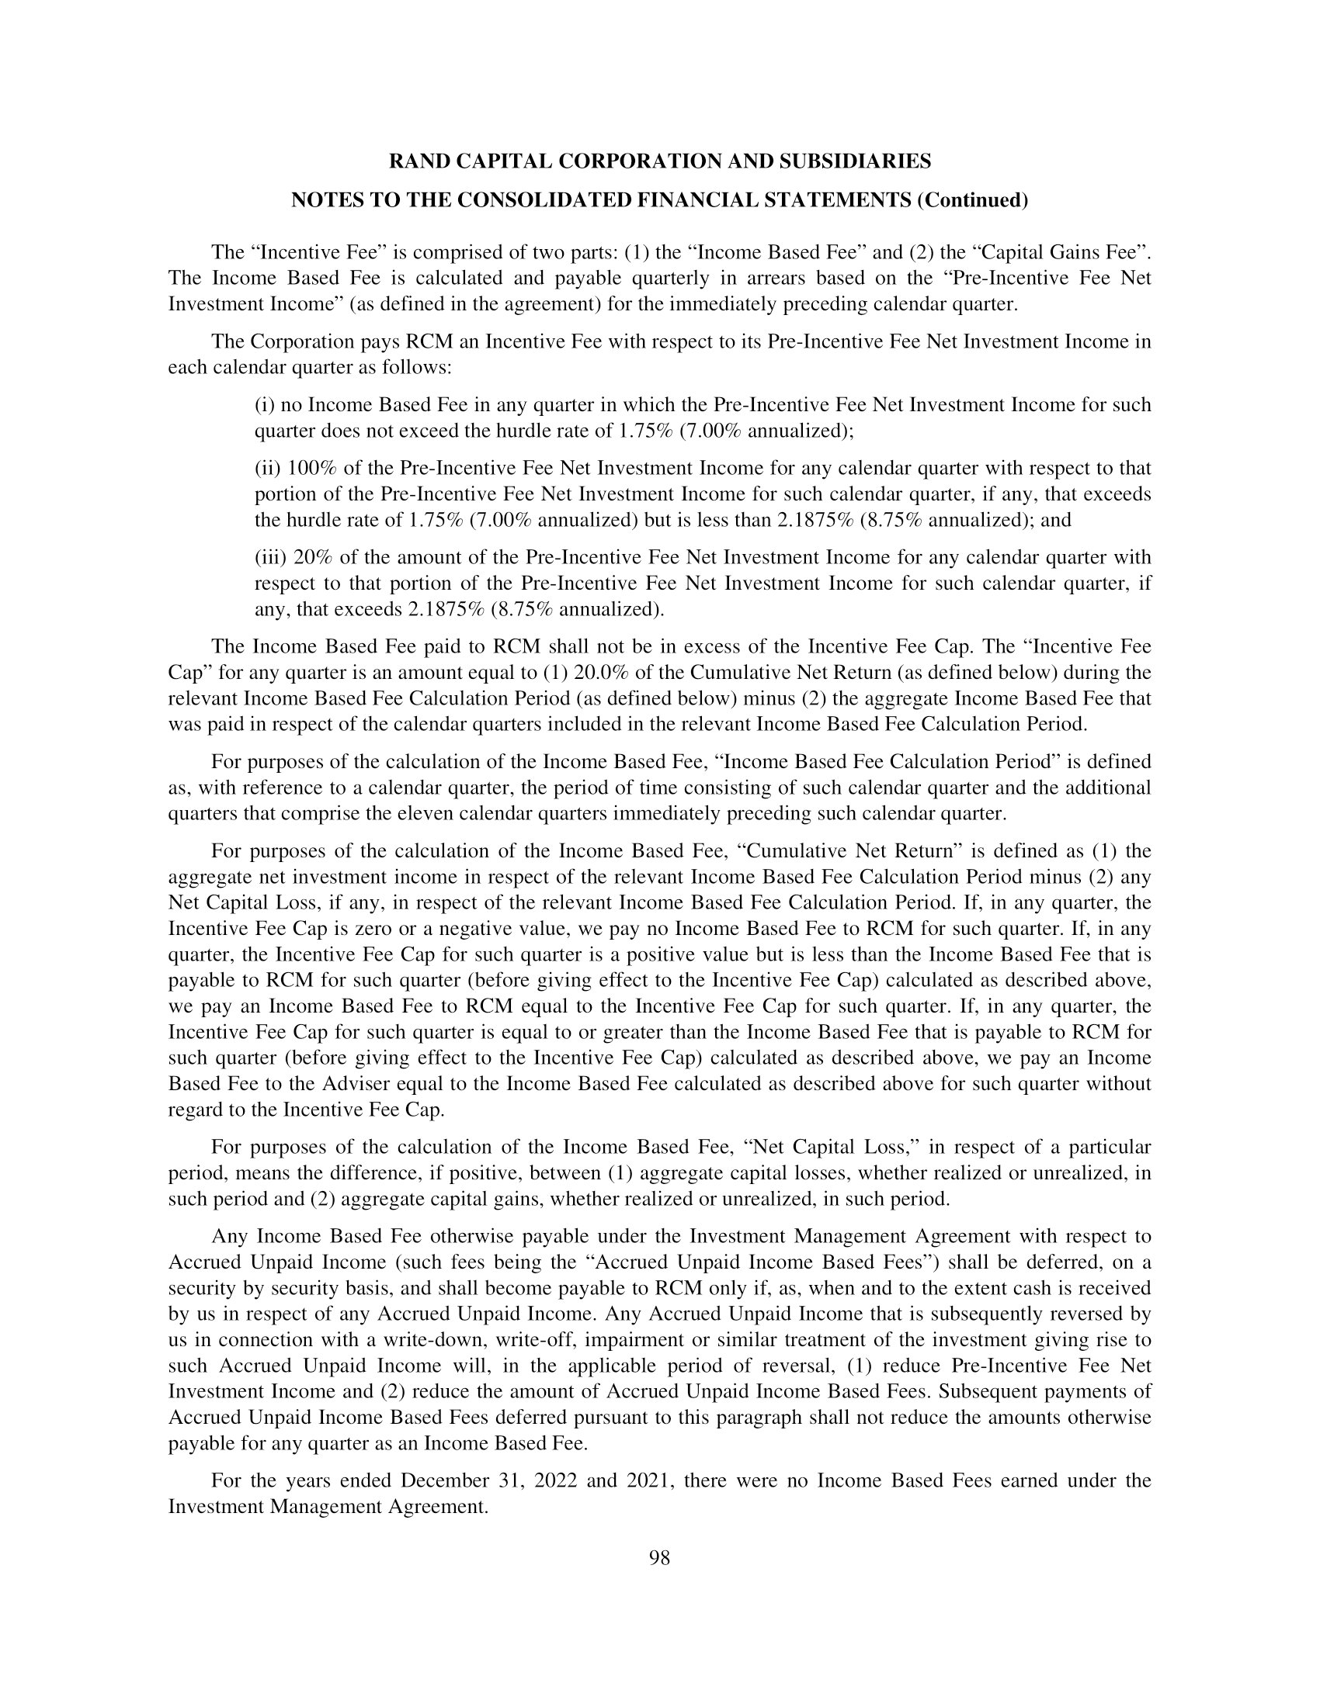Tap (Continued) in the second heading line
pyautogui.click(x=972, y=201)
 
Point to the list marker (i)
pyautogui.click(x=266, y=405)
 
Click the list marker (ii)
pyautogui.click(x=268, y=468)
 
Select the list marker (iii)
pyautogui.click(x=271, y=557)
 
